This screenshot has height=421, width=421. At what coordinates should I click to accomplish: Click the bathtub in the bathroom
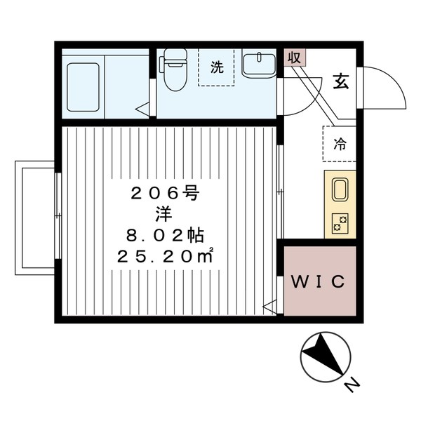click(83, 87)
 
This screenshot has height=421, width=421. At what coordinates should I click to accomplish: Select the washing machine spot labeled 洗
click(216, 67)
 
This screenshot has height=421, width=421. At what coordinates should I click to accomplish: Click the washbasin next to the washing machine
click(258, 65)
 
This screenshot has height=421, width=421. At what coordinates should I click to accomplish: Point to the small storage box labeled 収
click(295, 58)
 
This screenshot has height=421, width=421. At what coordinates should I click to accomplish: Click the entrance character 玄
click(341, 81)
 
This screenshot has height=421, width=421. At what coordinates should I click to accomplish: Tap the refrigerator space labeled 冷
click(340, 144)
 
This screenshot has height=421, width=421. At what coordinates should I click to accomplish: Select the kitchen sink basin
click(340, 189)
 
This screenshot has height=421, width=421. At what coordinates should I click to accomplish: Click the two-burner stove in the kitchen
click(340, 223)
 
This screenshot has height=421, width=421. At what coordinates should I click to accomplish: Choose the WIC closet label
click(318, 281)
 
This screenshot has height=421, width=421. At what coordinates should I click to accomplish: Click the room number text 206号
click(165, 194)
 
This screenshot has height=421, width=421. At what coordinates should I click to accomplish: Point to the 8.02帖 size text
click(165, 236)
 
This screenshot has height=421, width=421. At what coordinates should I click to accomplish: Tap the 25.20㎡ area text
click(165, 256)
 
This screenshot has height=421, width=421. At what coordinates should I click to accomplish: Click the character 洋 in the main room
click(164, 215)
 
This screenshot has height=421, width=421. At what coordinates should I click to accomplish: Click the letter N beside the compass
click(352, 385)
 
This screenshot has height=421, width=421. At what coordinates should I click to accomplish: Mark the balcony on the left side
click(35, 218)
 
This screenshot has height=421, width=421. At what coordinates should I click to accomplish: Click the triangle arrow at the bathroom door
click(142, 109)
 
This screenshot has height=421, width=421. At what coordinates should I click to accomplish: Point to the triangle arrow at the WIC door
click(269, 306)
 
